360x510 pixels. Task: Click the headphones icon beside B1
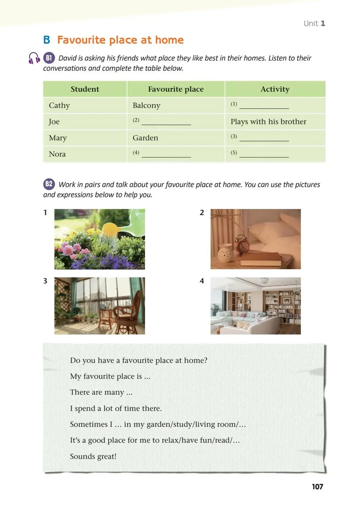(34, 58)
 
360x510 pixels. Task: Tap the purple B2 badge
(49, 184)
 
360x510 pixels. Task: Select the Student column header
(85, 89)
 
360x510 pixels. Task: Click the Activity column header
(275, 89)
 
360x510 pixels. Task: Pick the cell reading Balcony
(146, 106)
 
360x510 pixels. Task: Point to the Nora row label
(57, 154)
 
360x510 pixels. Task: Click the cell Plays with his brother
(268, 122)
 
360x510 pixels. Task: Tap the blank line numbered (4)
(166, 155)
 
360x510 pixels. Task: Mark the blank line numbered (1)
(264, 106)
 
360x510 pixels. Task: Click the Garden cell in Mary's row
(145, 138)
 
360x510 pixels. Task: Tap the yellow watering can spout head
(111, 230)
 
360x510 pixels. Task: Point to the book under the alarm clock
(260, 259)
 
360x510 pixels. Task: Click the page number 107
(317, 487)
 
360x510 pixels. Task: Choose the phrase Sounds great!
(93, 457)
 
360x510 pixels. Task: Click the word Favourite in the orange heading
(81, 40)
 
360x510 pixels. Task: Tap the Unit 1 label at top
(314, 23)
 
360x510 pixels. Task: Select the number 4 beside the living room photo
(202, 281)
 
